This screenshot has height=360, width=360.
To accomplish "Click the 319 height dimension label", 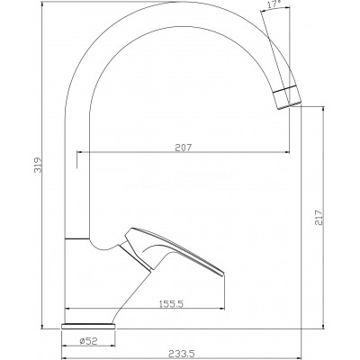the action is (38, 165).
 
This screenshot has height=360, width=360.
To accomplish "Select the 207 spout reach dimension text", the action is (183, 148).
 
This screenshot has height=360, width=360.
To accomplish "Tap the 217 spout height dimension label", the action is (319, 217).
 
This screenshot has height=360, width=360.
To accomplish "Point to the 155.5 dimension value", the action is (170, 304).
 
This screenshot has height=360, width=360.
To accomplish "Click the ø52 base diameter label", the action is (89, 341).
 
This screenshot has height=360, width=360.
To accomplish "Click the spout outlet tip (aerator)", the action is (287, 97).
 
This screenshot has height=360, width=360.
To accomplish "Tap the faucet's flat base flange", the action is (89, 327).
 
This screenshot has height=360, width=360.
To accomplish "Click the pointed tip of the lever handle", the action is (223, 273).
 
